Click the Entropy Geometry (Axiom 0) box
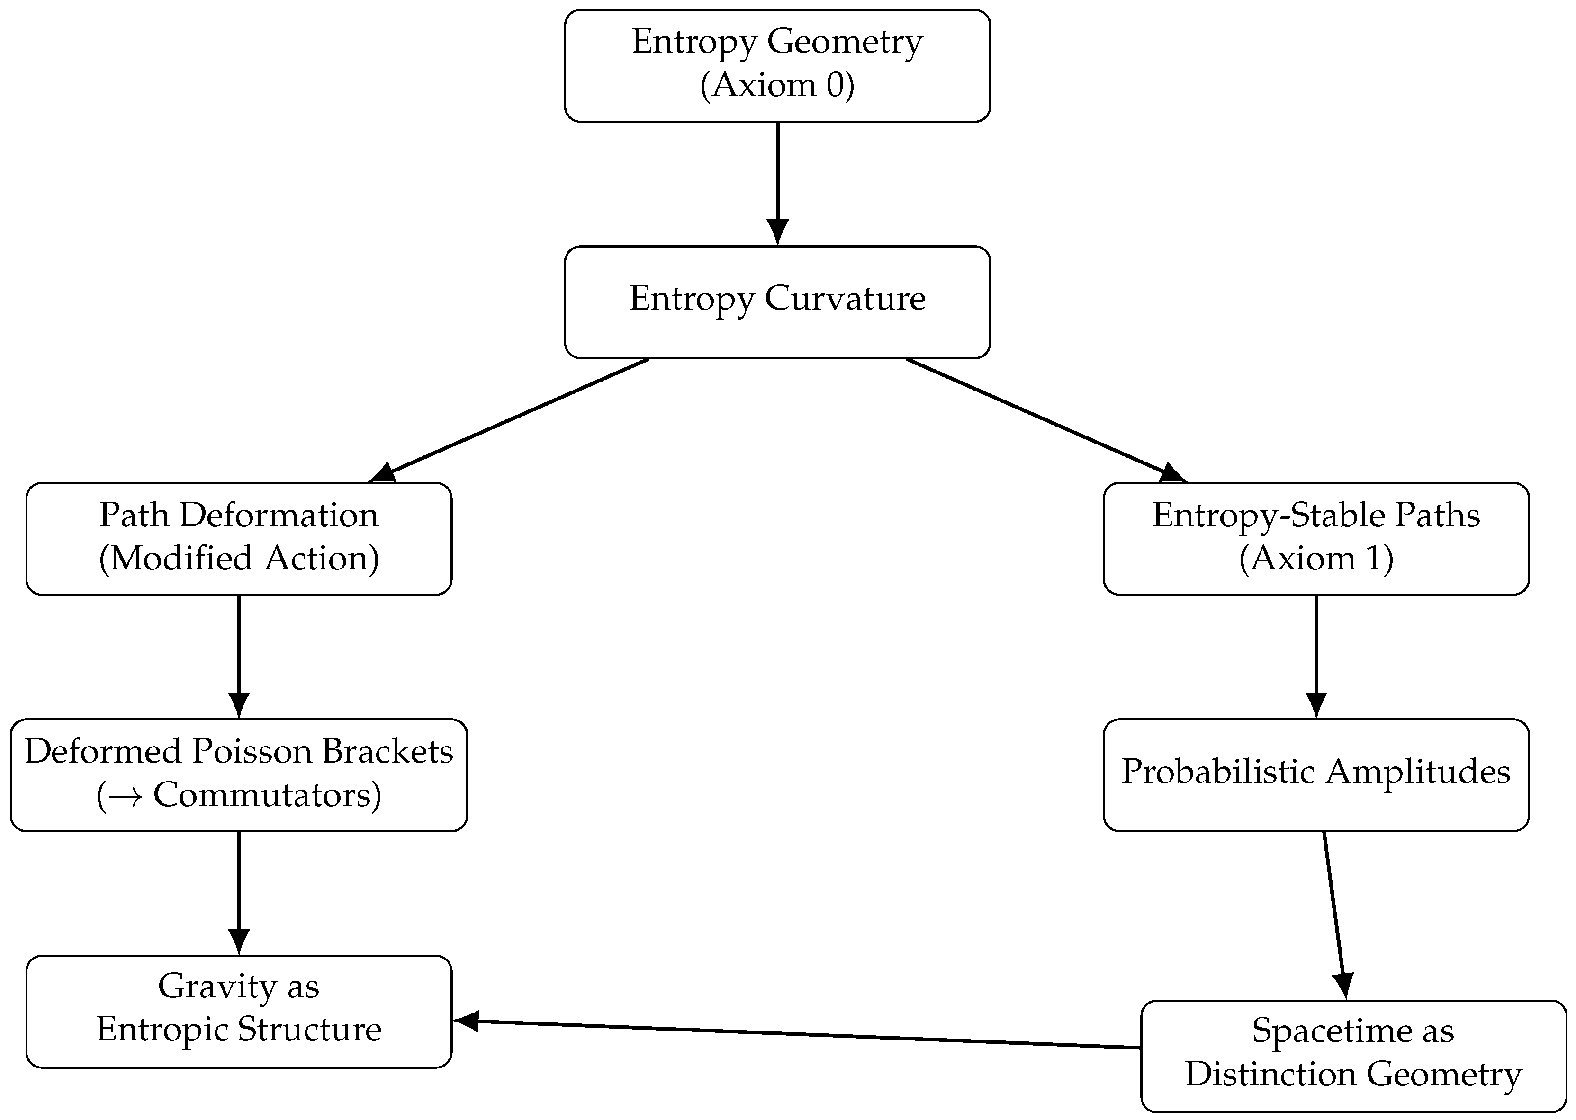(777, 65)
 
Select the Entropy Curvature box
(777, 302)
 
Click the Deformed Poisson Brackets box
(239, 774)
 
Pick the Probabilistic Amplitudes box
(1316, 774)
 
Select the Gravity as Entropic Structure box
(239, 1011)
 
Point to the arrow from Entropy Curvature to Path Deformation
(511, 419)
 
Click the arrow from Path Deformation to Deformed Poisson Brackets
(239, 655)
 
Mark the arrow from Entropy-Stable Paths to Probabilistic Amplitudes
(1316, 655)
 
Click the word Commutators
(262, 795)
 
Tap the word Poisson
(252, 751)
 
